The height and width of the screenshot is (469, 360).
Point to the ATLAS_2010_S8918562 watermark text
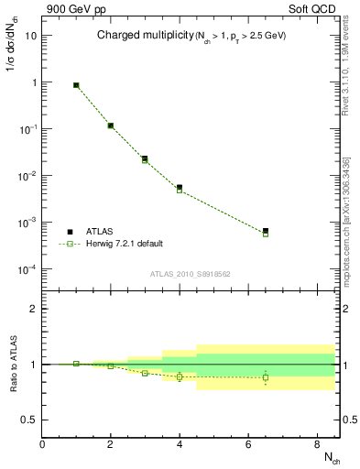[191, 274]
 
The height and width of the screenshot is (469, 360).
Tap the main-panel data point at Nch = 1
[76, 85]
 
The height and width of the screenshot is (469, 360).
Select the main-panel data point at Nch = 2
[110, 125]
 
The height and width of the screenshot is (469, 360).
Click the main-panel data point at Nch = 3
[145, 159]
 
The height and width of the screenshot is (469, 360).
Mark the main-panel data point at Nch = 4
[180, 188]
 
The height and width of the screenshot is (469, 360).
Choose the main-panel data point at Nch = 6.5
[266, 232]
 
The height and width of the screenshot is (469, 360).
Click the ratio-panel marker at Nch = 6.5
[266, 377]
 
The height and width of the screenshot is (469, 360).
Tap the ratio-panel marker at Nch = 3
[145, 373]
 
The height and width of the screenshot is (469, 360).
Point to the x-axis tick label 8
[317, 445]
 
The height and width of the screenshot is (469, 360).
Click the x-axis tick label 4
[180, 445]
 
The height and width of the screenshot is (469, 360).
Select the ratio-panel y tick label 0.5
[27, 420]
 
